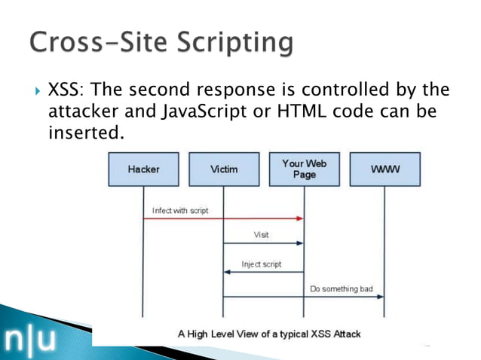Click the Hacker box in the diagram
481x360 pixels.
coord(143,169)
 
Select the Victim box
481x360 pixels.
coord(223,169)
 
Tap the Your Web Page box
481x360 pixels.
coord(304,169)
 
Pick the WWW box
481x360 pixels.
coord(384,169)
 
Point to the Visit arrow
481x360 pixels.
coord(264,243)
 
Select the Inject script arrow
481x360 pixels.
coord(264,272)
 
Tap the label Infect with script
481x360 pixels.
coord(180,210)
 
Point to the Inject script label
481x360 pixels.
coord(261,264)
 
